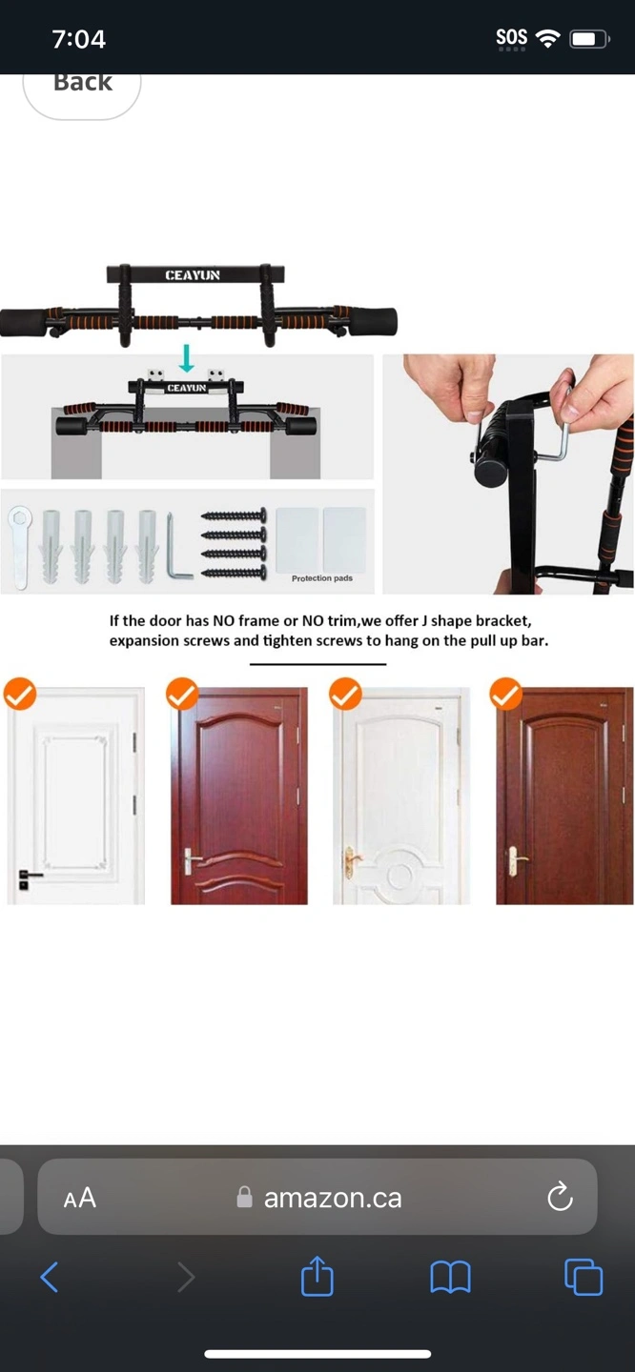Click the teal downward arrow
pyautogui.click(x=187, y=358)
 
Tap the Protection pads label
pyautogui.click(x=322, y=578)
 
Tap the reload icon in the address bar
pyautogui.click(x=560, y=1197)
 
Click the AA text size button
pyautogui.click(x=80, y=1198)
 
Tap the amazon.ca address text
pyautogui.click(x=333, y=1198)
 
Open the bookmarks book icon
pyautogui.click(x=450, y=1278)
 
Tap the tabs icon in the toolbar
pyautogui.click(x=583, y=1277)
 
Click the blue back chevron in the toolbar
pyautogui.click(x=49, y=1277)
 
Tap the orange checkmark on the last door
pyautogui.click(x=506, y=694)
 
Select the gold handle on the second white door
pyautogui.click(x=351, y=860)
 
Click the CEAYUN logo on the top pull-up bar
pyautogui.click(x=193, y=275)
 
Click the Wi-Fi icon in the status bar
pyautogui.click(x=547, y=39)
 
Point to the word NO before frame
pyautogui.click(x=224, y=620)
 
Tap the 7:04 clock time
pyautogui.click(x=79, y=39)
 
